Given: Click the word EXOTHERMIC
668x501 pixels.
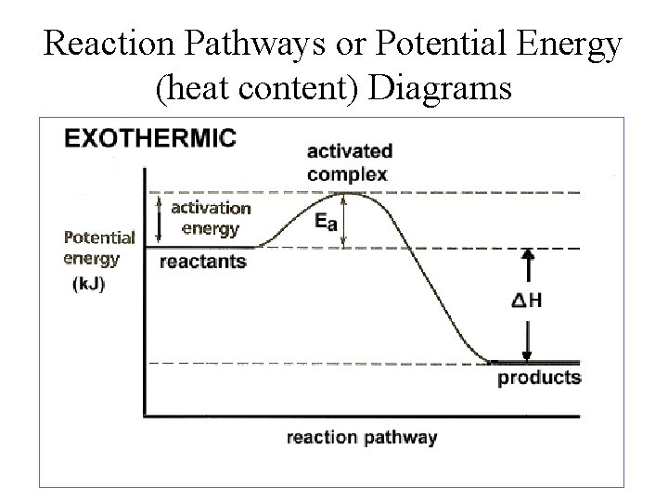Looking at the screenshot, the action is (149, 139).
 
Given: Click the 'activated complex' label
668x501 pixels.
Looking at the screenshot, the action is (348, 161).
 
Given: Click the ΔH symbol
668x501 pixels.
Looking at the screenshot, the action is (526, 301).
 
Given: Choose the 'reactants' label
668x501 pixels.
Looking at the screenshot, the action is (203, 262).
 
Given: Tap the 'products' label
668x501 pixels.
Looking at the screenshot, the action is (539, 378).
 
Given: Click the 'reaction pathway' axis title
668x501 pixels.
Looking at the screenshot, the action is (361, 437).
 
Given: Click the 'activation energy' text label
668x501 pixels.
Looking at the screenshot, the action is (211, 217).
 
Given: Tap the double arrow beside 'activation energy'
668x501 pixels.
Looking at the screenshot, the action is (158, 219).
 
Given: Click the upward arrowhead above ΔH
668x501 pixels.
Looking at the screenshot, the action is (527, 254).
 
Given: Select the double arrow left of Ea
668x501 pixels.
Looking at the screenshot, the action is (346, 221).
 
